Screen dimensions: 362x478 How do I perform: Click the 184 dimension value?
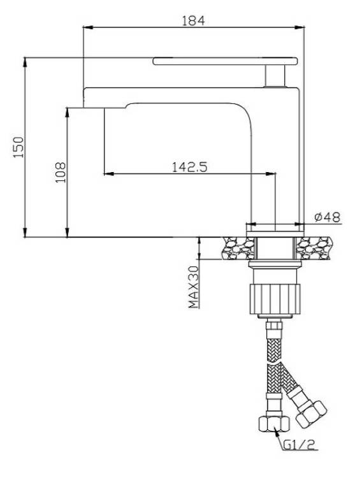pos(193,21)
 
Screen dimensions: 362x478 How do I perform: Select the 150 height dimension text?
pos(18,147)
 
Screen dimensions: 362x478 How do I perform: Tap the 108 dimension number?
pos(61,172)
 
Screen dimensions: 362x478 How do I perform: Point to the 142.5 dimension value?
pos(190,167)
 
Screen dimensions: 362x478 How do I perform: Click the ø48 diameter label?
pos(327,217)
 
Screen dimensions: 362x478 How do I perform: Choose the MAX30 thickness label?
pos(194,287)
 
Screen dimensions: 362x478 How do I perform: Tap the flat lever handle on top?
pos(226,61)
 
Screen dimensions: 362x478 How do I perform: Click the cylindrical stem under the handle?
pos(275,76)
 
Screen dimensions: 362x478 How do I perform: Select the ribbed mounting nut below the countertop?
pos(275,299)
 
